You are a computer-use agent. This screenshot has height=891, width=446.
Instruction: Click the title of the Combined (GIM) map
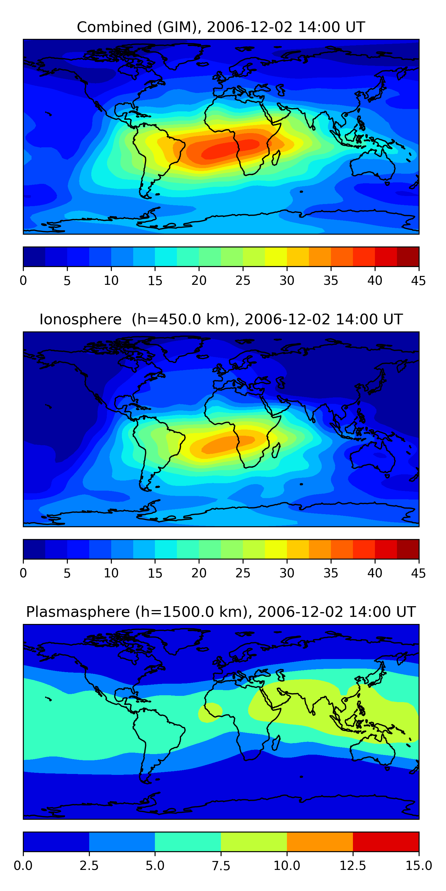221,27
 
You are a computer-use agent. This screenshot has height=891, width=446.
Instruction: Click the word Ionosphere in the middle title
80,319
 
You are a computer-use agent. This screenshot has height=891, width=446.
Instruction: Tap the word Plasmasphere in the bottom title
78,612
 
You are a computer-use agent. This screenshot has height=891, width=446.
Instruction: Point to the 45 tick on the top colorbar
419,280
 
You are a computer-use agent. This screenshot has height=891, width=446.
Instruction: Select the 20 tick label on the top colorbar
199,280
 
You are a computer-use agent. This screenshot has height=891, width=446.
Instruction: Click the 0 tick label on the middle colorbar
23,573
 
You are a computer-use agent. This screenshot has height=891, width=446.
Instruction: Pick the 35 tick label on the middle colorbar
331,573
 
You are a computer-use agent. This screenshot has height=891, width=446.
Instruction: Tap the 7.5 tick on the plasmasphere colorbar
221,866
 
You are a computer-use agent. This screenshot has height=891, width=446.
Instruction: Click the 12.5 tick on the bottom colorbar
353,866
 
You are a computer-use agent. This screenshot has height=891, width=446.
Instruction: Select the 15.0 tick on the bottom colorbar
419,866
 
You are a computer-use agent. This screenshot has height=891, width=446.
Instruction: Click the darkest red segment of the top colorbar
408,257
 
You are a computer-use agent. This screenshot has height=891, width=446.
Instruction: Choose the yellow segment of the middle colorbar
276,549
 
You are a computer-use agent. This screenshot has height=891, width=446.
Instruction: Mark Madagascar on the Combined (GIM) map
276,158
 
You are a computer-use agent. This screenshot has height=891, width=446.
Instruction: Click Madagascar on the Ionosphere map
276,451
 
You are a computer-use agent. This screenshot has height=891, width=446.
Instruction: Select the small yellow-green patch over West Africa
210,712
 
